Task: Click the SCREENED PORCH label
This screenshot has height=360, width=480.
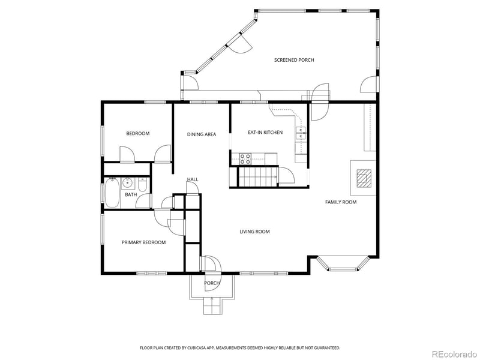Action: pos(294,60)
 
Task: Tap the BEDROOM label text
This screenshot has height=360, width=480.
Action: pos(137,133)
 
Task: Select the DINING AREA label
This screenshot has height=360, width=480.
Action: pos(202,134)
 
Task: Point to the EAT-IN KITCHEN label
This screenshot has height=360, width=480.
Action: pos(265,132)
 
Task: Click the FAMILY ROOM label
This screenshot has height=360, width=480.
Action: pos(341,202)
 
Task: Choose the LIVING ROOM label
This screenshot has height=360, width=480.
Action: pos(255,231)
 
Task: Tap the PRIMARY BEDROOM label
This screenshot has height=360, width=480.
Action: pos(143,242)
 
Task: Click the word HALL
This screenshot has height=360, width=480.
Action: pos(193,179)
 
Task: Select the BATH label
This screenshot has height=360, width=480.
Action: pos(130,194)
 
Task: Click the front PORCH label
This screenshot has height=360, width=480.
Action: pos(212,283)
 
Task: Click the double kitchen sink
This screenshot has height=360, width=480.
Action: pos(301,133)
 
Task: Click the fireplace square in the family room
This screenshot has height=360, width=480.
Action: pos(363,178)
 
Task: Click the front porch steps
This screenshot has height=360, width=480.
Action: pos(212,305)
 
